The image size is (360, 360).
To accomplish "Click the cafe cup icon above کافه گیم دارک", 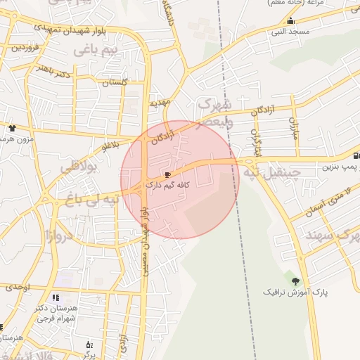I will click(167, 174).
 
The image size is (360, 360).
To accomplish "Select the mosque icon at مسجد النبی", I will click(290, 20).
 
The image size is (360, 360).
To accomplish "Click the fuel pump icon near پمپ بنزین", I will click(356, 155).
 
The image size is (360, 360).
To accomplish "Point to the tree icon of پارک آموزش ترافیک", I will click(295, 281).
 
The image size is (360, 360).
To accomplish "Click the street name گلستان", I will click(116, 83).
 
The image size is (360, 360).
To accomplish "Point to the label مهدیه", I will click(160, 103).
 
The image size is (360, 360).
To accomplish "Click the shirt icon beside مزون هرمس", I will click(12, 128).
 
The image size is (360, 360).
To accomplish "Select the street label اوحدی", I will click(18, 287).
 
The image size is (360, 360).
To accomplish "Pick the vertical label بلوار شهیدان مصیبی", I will click(145, 239).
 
